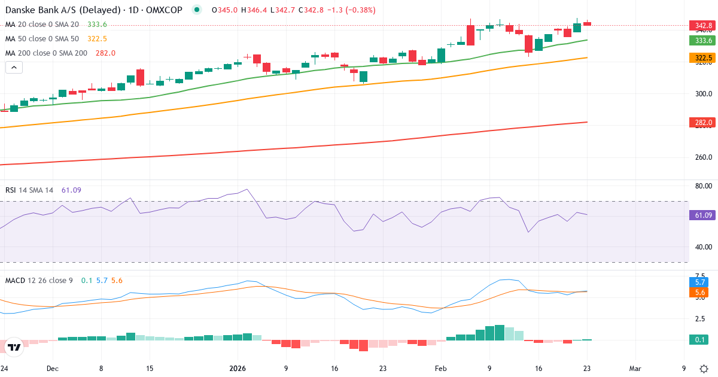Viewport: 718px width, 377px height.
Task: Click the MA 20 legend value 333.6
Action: coord(97,25)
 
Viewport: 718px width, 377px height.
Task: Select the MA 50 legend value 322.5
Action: coord(97,39)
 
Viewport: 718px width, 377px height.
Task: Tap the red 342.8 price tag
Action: coord(703,25)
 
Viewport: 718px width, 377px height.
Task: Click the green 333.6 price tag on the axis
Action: coord(703,40)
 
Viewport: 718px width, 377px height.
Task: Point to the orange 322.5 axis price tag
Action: coord(703,58)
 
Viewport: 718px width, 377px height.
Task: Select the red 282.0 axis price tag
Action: coord(703,123)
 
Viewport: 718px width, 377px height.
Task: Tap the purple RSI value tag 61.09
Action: coord(703,215)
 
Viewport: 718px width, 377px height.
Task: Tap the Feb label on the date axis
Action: coord(441,369)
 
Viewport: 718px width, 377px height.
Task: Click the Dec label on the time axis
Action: coord(52,369)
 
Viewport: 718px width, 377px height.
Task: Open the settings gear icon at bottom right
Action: coord(704,369)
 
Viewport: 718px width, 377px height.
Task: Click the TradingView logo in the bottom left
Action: coord(14,347)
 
